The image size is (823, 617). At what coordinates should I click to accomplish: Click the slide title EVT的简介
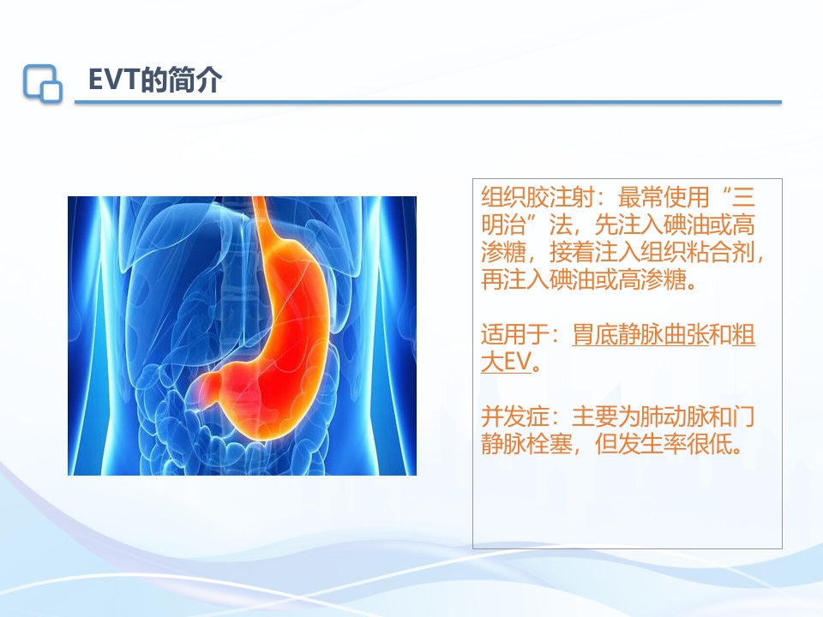click(x=155, y=81)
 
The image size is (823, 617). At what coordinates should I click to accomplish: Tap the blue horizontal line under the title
click(x=429, y=102)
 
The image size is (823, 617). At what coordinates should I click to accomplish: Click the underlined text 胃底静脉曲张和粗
click(x=664, y=335)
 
